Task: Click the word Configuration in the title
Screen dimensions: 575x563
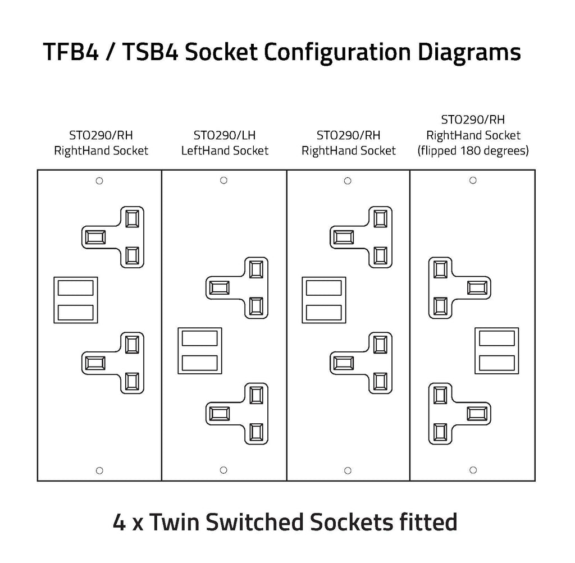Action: [x=337, y=52]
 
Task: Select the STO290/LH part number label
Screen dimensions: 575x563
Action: [x=225, y=135]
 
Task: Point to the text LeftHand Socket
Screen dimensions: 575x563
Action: [x=225, y=150]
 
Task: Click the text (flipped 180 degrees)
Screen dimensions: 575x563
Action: [x=473, y=150]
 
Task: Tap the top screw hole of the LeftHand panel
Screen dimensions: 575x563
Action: [x=223, y=180]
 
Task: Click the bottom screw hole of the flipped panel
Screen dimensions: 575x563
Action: [x=473, y=470]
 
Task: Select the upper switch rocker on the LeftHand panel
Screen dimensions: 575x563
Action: [x=199, y=338]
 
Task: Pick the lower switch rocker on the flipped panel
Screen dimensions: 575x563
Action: [x=496, y=363]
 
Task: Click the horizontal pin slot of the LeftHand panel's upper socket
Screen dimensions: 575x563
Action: [x=220, y=288]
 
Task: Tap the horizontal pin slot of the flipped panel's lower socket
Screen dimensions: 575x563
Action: [x=477, y=414]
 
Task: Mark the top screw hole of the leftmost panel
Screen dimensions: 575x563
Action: [x=99, y=181]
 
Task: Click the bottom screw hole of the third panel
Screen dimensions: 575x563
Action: [x=348, y=470]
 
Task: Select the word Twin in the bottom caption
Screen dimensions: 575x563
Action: [x=176, y=522]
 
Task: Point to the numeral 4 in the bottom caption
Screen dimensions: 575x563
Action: [x=119, y=523]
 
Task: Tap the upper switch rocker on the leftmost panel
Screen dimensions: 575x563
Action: [x=76, y=288]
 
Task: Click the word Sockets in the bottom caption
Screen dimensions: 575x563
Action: [x=352, y=522]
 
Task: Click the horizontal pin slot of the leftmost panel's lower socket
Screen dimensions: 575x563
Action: [x=95, y=363]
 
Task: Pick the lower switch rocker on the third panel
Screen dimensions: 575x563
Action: [x=324, y=313]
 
